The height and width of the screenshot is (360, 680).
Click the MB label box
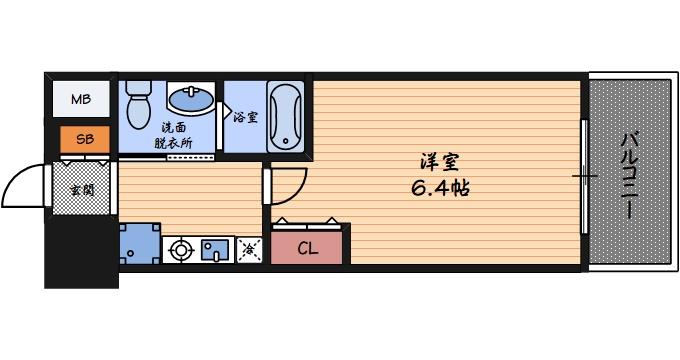coord(81,101)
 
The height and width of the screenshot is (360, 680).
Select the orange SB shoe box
coord(84,139)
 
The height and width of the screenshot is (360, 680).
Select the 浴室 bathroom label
coord(245,117)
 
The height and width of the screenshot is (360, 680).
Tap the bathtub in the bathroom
coord(286,116)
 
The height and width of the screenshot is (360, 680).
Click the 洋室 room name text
coord(438,161)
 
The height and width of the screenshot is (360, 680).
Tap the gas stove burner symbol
coord(182,250)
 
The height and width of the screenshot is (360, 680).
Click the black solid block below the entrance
coord(80,250)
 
